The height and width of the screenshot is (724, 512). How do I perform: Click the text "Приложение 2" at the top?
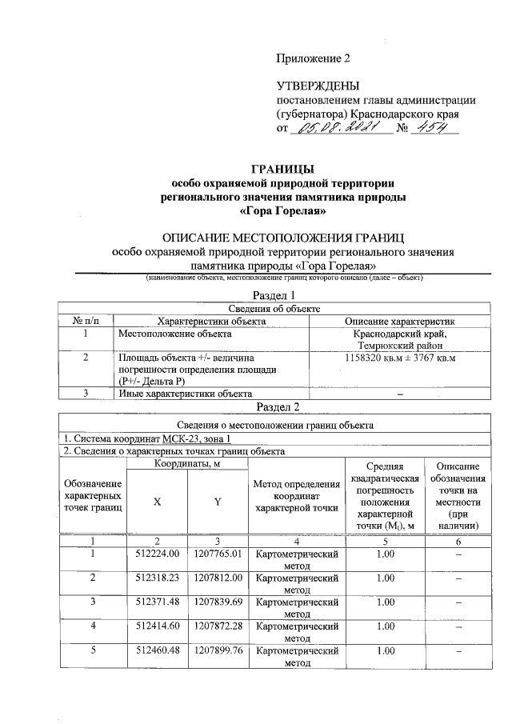pos(314,58)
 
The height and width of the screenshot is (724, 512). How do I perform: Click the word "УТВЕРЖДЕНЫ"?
pos(318,86)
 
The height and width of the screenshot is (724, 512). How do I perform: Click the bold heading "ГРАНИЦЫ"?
pos(282,169)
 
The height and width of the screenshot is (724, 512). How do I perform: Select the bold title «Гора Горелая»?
pos(282,212)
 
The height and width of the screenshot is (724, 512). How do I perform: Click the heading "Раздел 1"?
pos(282,296)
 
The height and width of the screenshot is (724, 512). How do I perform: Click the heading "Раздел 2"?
pos(282,407)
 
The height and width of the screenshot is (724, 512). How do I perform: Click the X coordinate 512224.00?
pos(157,554)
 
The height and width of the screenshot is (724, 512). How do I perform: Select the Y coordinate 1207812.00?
pos(216,578)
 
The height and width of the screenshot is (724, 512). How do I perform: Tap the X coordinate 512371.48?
pos(157,602)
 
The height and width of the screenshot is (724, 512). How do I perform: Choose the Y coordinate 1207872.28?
pos(216,626)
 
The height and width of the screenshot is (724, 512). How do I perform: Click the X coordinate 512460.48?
pos(157,650)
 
